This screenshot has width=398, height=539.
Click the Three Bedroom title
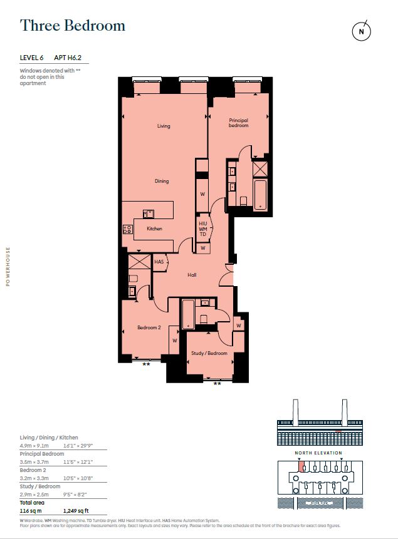pyautogui.click(x=73, y=26)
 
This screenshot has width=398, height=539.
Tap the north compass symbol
pyautogui.click(x=360, y=31)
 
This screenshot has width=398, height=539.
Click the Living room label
pyautogui.click(x=164, y=126)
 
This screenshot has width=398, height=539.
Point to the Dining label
pyautogui.click(x=162, y=182)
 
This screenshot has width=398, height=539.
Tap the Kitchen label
pyautogui.click(x=154, y=229)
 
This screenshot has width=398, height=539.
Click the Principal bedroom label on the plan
pyautogui.click(x=238, y=123)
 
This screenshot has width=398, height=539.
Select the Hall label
pyautogui.click(x=192, y=275)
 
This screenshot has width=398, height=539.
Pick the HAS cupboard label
pyautogui.click(x=159, y=262)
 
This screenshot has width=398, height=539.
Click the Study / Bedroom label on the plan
pyautogui.click(x=209, y=354)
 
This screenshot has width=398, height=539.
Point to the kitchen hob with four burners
pyautogui.click(x=128, y=229)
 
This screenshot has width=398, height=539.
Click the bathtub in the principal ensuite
pyautogui.click(x=260, y=193)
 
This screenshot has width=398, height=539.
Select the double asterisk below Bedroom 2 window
pyautogui.click(x=146, y=364)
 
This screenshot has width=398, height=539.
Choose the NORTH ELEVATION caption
pyautogui.click(x=319, y=453)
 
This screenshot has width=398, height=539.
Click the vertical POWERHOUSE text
pyautogui.click(x=8, y=266)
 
